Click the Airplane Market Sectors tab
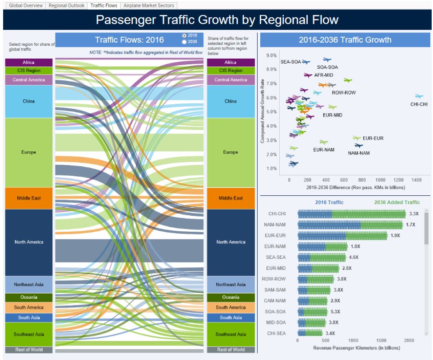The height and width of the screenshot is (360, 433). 149,6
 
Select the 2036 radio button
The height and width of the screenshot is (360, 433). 184,42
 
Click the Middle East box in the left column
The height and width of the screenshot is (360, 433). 29,198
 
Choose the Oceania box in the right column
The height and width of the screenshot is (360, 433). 230,297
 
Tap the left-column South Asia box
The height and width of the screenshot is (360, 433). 29,317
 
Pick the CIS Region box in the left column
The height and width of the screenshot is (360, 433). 29,71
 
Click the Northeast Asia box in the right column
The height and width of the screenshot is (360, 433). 230,285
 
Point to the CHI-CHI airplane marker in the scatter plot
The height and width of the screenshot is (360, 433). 419,96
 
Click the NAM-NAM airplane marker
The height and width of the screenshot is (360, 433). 359,146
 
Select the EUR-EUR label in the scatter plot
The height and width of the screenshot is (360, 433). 373,138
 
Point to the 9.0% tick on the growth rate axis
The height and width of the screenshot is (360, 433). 271,55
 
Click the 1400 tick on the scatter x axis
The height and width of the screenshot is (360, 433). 416,180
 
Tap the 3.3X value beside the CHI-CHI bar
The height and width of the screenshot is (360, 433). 414,214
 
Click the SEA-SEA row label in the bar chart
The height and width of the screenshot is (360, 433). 276,257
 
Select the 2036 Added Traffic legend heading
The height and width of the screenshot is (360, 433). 397,202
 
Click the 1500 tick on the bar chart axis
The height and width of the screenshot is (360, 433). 381,341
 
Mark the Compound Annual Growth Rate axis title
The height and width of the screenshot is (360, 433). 262,111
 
